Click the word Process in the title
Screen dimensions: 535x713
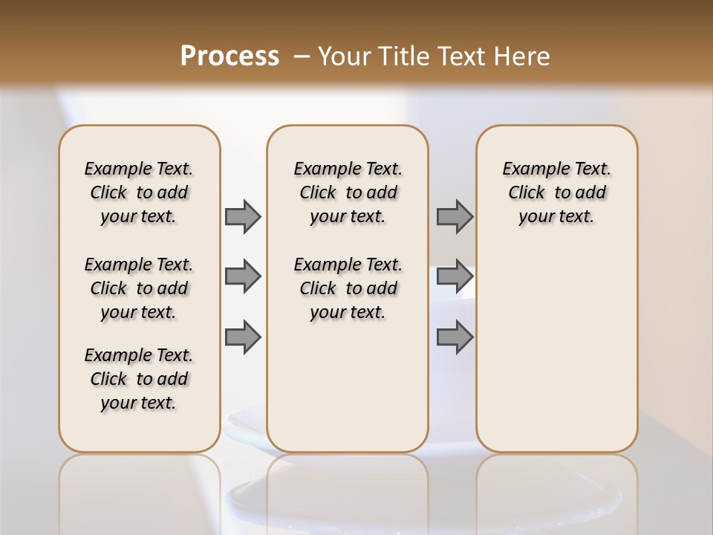coord(229,56)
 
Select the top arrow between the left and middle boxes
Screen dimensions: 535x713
coord(243,216)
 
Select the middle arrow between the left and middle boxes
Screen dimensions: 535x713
coord(243,276)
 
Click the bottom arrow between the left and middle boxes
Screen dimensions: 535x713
coord(243,337)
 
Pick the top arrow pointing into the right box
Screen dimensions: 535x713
coord(455,216)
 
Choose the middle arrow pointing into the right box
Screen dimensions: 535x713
coord(455,276)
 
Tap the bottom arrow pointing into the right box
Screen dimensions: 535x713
coord(455,337)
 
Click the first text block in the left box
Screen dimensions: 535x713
coord(139,192)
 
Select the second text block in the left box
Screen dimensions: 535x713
coord(139,288)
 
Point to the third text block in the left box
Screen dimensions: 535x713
coord(139,379)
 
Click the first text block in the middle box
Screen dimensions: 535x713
coord(348,192)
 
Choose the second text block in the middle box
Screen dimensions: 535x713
coord(348,288)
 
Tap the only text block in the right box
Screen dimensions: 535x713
coord(556,192)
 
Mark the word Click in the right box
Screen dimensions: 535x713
coord(527,193)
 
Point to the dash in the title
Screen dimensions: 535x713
coord(302,56)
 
